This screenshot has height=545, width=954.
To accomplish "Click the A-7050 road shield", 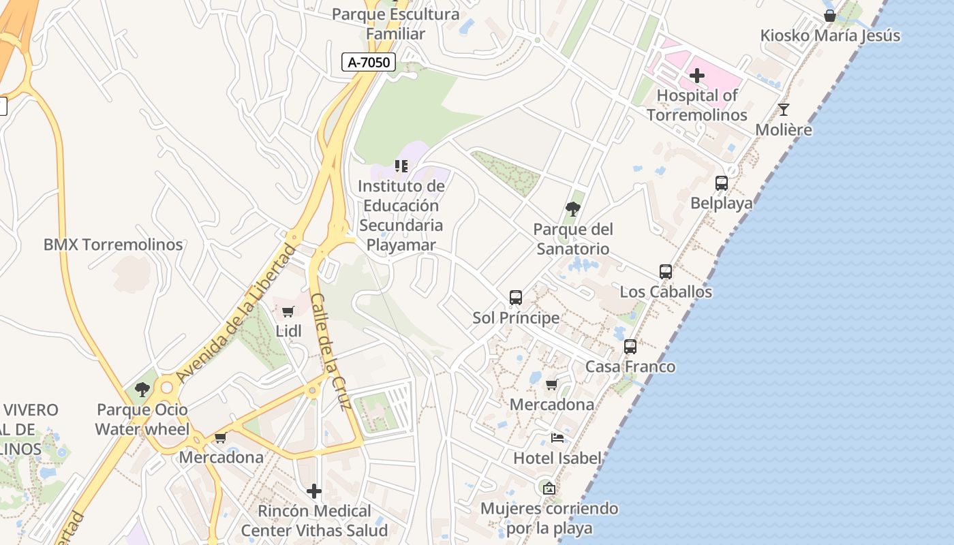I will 369,63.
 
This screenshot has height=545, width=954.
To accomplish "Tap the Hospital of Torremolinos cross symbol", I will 696,75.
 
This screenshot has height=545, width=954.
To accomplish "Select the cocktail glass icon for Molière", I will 784,109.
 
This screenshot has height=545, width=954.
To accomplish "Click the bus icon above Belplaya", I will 722,183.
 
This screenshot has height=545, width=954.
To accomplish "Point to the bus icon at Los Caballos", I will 666,271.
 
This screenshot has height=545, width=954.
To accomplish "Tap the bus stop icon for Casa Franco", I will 630,346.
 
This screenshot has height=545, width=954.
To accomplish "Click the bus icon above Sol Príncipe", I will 516,297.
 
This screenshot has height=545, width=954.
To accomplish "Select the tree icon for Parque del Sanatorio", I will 573,208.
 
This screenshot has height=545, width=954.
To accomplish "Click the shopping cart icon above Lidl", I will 288,311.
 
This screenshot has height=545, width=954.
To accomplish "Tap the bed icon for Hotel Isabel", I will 557,438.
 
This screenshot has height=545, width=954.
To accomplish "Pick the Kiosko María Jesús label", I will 830,35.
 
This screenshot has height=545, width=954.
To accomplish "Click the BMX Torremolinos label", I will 113,245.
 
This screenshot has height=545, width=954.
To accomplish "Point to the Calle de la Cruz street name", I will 330,351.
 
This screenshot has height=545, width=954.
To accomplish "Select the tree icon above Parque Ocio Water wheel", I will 142,390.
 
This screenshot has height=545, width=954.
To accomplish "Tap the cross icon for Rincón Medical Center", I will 314,490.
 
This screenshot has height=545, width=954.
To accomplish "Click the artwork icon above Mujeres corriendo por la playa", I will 549,488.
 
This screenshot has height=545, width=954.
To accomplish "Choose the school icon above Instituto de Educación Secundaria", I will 401,166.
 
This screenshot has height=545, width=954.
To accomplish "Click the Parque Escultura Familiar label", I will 395,24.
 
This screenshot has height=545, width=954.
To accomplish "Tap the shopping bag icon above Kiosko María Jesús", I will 830,15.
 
